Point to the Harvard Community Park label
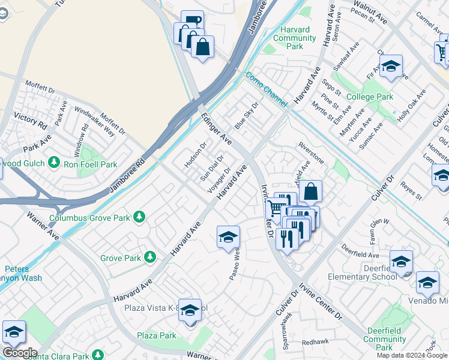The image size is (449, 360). [294, 38]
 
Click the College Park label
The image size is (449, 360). [370, 97]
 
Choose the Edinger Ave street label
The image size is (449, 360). [217, 128]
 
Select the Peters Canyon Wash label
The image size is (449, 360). [24, 274]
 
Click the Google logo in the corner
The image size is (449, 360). [19, 352]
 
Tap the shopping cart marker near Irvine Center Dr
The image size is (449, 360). [276, 208]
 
